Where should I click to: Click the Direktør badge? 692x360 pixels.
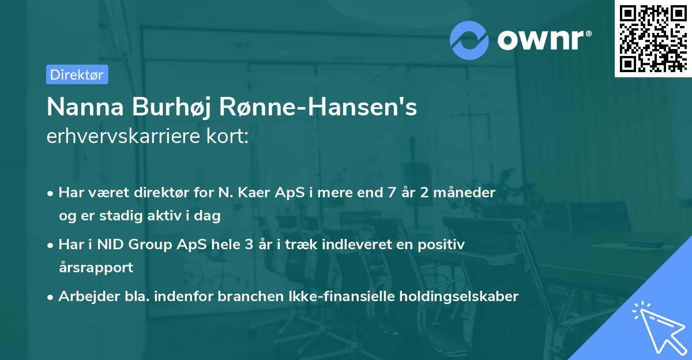coord(77,74)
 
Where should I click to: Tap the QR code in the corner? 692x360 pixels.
coord(652,37)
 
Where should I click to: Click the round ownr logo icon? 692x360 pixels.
coord(469,40)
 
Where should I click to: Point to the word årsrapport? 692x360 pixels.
coord(96,267)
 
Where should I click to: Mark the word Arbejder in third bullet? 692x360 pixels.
coord(84,297)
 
